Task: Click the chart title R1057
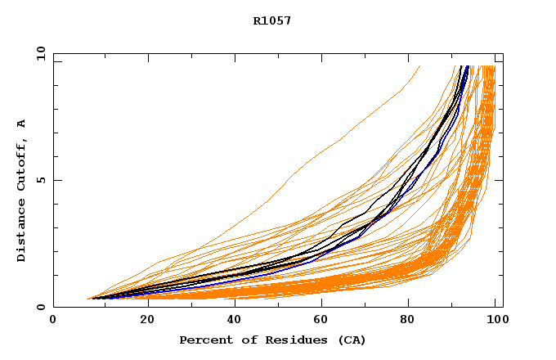pos(272,21)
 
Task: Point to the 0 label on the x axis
pos(53,320)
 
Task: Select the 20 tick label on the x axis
pos(142,320)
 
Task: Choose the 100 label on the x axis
pos(495,320)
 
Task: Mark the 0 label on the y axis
pos(40,307)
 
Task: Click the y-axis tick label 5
pos(40,180)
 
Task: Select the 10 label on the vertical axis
pos(40,53)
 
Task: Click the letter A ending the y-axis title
pos(21,124)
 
